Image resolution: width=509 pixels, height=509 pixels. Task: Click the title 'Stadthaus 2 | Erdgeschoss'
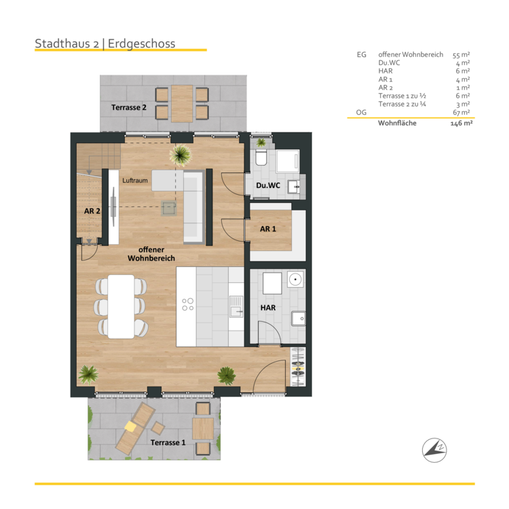pyautogui.click(x=105, y=43)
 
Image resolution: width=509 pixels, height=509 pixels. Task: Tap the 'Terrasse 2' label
pyautogui.click(x=129, y=107)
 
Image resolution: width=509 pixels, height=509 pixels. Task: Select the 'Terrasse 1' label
pyautogui.click(x=168, y=442)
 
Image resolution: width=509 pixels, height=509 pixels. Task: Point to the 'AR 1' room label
pyautogui.click(x=268, y=229)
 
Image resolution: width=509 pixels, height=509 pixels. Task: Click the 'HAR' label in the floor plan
pyautogui.click(x=268, y=307)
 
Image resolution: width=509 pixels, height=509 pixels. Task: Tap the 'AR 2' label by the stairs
pyautogui.click(x=92, y=211)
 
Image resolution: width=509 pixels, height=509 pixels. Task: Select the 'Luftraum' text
pyautogui.click(x=134, y=181)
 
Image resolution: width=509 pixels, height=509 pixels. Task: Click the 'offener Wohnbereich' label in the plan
pyautogui.click(x=152, y=254)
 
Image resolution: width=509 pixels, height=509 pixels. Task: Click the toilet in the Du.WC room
pyautogui.click(x=261, y=159)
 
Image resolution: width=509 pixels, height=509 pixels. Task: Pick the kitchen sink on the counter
pyautogui.click(x=235, y=311)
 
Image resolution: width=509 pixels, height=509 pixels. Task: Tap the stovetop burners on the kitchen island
pyautogui.click(x=187, y=303)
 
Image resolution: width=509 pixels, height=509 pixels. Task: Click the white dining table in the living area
pyautogui.click(x=121, y=306)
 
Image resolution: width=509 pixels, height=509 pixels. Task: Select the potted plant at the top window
pyautogui.click(x=181, y=155)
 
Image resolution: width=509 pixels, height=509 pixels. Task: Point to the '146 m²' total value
pyautogui.click(x=461, y=124)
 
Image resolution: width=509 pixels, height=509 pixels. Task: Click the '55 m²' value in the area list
pyautogui.click(x=461, y=54)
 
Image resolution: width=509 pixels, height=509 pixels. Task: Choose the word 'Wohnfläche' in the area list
pyautogui.click(x=397, y=124)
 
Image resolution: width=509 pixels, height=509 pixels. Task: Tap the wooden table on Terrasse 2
pyautogui.click(x=181, y=102)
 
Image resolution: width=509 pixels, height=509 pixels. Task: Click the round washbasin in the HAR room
pyautogui.click(x=295, y=280)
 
